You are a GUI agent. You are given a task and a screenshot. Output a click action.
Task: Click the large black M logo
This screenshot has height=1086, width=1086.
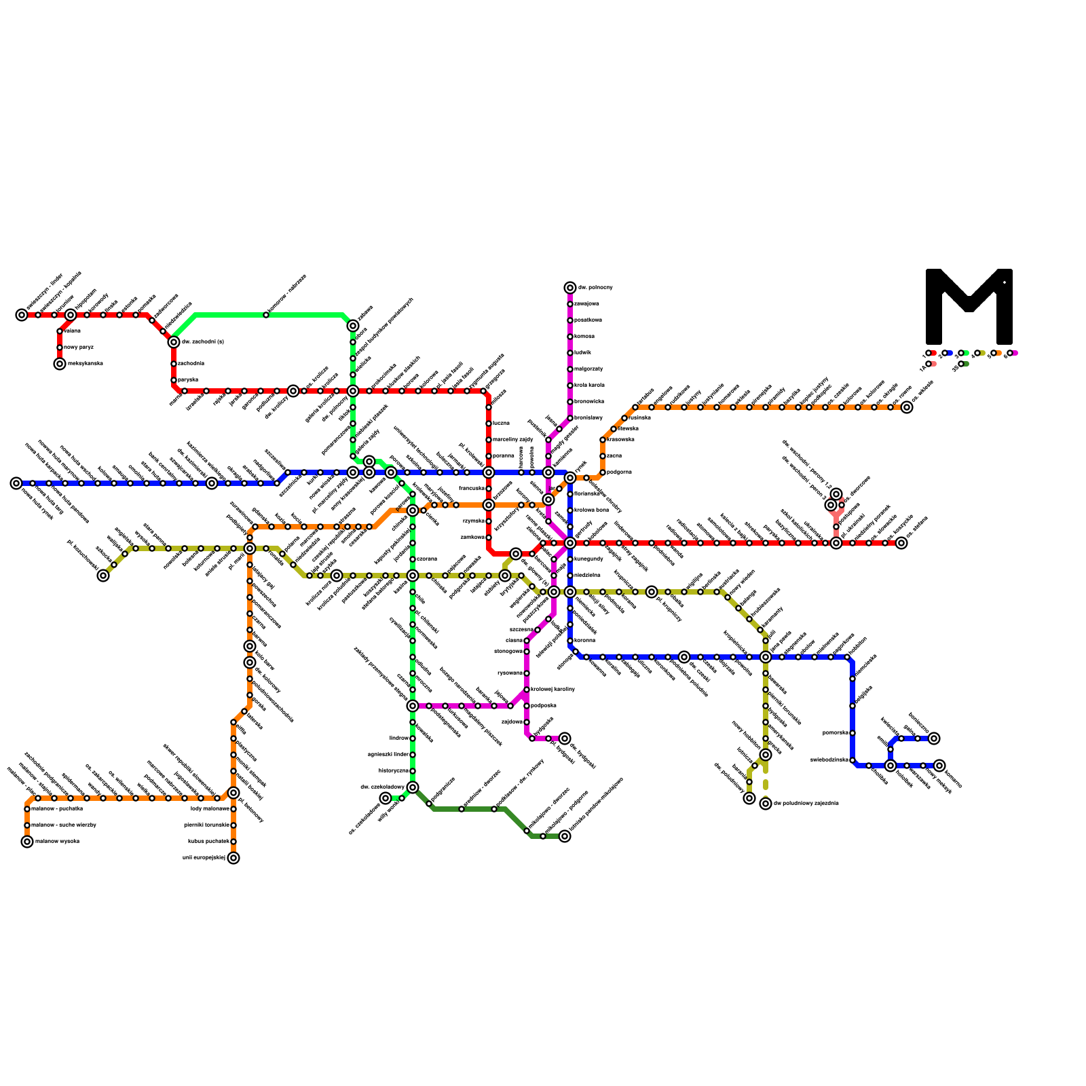point(969,307)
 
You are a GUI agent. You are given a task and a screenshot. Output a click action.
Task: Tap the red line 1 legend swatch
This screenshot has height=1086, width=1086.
point(934,353)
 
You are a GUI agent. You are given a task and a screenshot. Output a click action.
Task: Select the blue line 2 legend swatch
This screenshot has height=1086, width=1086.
point(950,353)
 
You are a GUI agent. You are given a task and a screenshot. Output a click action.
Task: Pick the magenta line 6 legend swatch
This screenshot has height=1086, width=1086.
point(1015,353)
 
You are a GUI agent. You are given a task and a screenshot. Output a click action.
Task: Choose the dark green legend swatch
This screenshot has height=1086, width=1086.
point(966,364)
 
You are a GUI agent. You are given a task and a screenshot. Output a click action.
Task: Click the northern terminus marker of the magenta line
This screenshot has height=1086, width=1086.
point(570,288)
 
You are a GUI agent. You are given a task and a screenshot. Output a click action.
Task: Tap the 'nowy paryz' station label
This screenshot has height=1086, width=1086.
point(79,348)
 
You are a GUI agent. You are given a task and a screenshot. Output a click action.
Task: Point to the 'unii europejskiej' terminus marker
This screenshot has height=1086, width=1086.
point(233,858)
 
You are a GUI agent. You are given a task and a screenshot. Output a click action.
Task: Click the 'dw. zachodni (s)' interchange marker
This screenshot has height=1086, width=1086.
point(174,342)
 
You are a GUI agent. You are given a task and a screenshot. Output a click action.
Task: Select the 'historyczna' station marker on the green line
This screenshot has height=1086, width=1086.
point(413,771)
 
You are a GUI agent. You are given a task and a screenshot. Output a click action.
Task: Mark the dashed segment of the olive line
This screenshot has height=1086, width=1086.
point(766,781)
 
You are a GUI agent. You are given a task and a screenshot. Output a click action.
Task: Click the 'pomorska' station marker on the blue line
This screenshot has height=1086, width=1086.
point(853,733)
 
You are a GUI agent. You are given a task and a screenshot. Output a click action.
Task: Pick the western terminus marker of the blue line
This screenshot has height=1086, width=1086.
point(16,483)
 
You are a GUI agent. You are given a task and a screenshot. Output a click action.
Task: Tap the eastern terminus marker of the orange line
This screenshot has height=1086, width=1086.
point(907,407)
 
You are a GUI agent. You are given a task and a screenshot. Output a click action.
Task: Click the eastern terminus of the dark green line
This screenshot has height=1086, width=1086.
point(565,836)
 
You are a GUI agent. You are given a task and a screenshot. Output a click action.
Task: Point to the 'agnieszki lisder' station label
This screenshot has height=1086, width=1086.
point(388,755)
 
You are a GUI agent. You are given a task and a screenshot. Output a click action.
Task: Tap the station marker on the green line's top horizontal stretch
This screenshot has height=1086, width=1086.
point(266,315)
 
